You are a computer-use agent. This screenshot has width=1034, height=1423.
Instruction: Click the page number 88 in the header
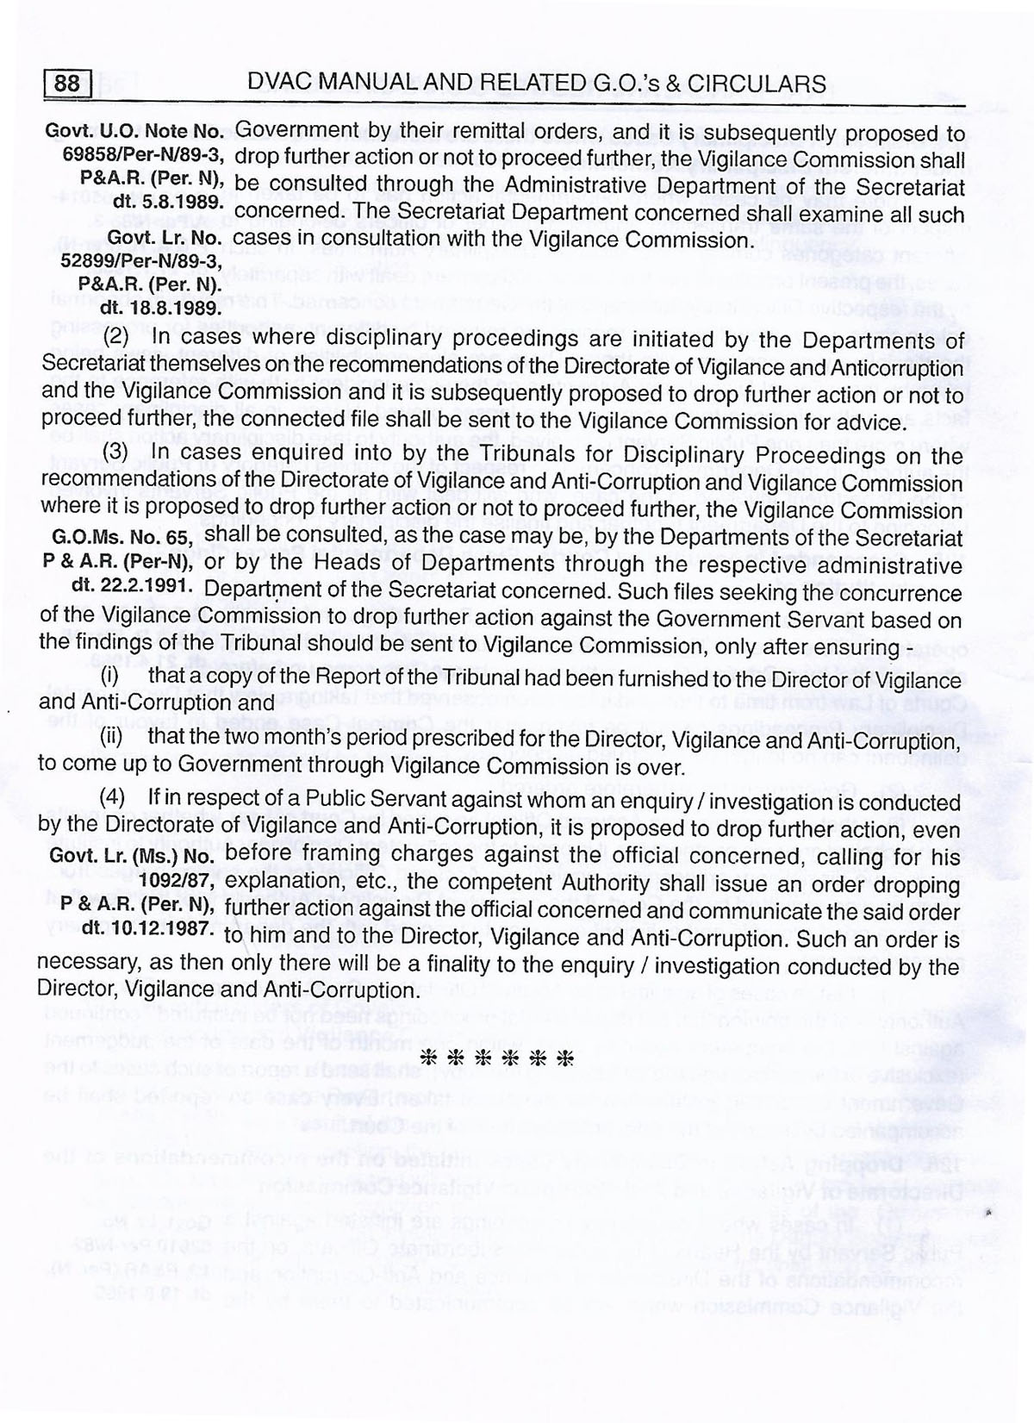[x=66, y=84]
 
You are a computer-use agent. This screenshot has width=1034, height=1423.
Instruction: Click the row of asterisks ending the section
[x=495, y=1059]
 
